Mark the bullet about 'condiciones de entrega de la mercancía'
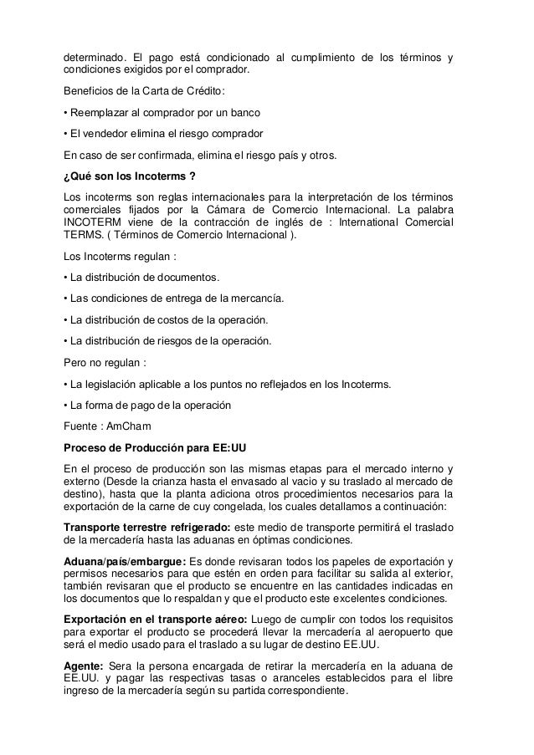[x=176, y=298]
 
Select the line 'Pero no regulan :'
[x=105, y=364]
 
